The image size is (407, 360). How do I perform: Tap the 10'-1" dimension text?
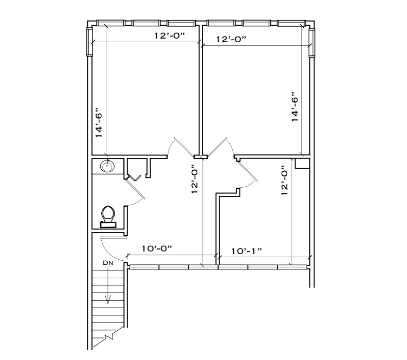[x=247, y=250]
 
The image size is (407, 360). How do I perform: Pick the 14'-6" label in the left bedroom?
[x=100, y=123]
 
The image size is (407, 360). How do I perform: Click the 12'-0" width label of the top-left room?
[x=169, y=35]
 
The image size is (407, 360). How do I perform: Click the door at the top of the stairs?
[x=113, y=247]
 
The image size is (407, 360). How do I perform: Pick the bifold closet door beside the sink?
[x=135, y=178]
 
